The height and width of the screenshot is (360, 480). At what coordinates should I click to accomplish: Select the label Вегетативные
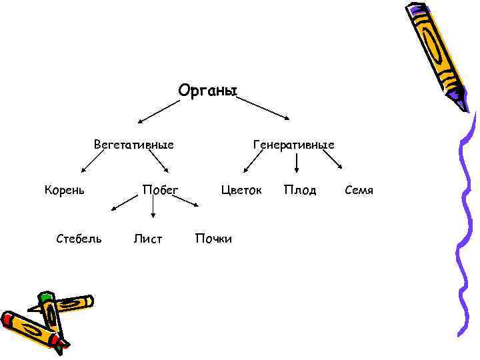[x=134, y=144]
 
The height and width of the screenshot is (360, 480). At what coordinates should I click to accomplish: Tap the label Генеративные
[x=294, y=144]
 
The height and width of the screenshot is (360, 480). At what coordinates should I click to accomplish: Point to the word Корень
[x=65, y=190]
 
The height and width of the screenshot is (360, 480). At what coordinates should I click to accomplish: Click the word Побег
[x=161, y=190]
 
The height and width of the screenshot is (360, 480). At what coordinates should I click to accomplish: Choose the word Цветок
[x=241, y=190]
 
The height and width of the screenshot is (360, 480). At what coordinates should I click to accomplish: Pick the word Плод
[x=300, y=190]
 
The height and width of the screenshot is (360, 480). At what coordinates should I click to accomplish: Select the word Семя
[x=359, y=190]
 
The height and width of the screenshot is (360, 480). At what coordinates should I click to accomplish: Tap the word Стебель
[x=79, y=238]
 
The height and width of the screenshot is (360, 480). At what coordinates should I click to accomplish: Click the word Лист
[x=148, y=238]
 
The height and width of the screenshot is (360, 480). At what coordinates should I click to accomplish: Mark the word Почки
[x=213, y=238]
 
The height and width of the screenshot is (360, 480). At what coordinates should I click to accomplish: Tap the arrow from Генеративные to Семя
[x=333, y=160]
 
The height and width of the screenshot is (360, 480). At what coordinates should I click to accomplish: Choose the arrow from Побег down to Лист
[x=154, y=209]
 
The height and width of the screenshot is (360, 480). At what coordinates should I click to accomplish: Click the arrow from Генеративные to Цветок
[x=254, y=161]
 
